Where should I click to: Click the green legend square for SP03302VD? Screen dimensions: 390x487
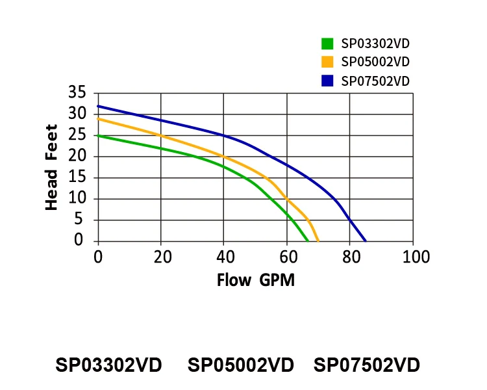[327, 44]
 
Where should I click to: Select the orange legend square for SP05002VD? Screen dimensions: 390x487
[327, 62]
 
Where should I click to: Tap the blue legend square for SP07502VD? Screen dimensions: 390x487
[327, 81]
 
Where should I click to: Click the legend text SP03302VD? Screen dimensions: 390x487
[375, 44]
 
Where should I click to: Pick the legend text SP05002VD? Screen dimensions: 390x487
[375, 62]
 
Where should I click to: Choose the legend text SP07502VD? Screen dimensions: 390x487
[375, 81]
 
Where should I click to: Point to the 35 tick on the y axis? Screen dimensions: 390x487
[77, 93]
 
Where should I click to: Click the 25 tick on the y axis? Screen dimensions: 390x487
[77, 135]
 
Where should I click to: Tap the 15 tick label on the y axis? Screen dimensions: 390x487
[77, 177]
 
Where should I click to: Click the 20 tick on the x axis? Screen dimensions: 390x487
[161, 257]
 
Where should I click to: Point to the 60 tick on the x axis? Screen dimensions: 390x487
[287, 257]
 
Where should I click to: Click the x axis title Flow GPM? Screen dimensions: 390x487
[255, 281]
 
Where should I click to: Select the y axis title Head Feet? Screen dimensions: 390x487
[52, 168]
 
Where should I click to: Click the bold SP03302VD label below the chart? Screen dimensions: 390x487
[108, 365]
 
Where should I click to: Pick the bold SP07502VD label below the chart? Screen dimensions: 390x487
[367, 365]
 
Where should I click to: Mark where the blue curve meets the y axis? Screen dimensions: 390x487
[98, 106]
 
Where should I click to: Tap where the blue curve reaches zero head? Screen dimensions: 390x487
[366, 241]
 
